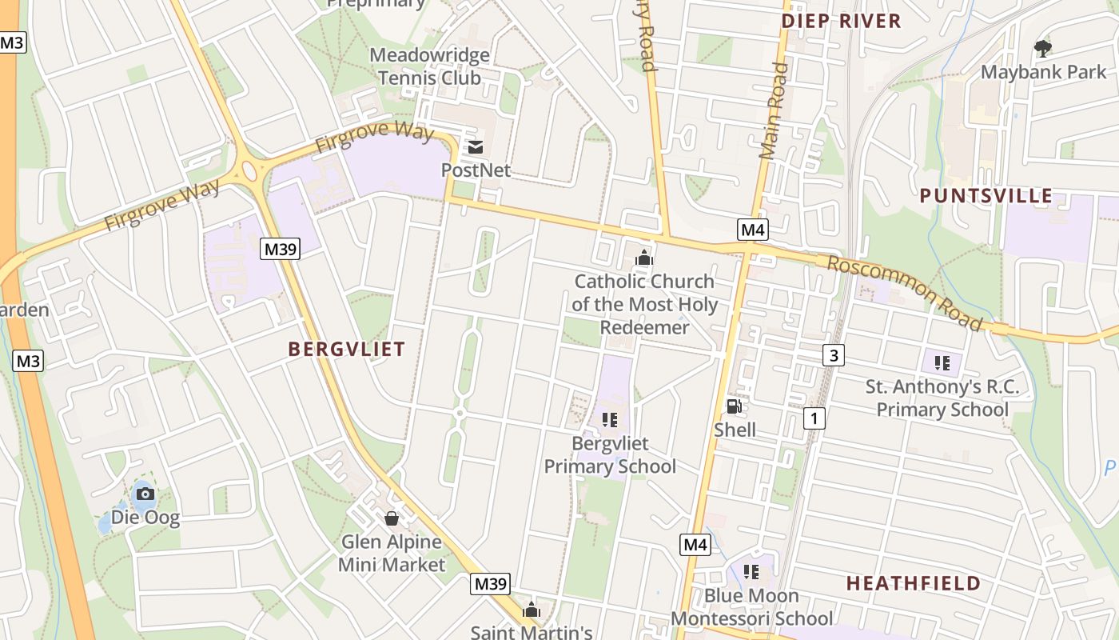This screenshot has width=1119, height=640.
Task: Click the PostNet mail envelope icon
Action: pos(476,147)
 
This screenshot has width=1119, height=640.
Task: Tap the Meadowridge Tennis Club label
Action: pos(429,66)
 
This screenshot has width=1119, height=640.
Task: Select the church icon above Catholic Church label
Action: pos(643,258)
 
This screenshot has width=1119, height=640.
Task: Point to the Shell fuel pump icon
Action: pos(734,406)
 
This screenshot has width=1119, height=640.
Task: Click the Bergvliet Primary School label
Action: pos(610,454)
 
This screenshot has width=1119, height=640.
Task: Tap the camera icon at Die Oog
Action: pos(145,494)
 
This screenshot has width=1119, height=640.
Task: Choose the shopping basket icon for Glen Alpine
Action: pos(392,518)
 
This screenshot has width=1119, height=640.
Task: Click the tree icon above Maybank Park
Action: pos(1042,48)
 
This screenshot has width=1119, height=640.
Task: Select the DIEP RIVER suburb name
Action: pos(841,21)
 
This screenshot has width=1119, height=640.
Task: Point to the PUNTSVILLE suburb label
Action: pos(986,196)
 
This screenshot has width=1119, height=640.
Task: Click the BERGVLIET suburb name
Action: pos(346,349)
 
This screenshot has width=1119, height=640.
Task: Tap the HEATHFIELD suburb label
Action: pos(913,583)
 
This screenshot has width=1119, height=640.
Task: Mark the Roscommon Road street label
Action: pos(903,293)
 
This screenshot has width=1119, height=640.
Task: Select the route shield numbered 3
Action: pos(833,354)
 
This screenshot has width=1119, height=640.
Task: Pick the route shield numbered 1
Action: pos(814,417)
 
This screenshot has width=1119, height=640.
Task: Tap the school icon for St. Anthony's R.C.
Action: pos(942,363)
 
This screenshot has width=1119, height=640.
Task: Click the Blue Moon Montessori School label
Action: pos(751,607)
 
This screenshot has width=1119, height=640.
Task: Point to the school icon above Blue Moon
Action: pos(751,571)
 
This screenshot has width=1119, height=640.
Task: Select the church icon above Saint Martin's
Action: pos(531,610)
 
